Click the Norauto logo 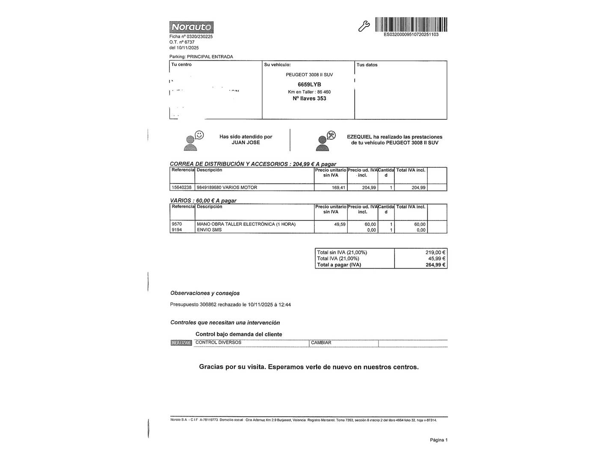pos(191,27)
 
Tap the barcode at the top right pos(411,24)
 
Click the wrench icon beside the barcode pos(364,26)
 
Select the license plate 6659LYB pos(309,85)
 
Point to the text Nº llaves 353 pos(309,98)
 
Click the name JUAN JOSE pos(246,142)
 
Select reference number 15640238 pos(181,187)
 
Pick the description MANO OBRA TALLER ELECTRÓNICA pos(246,224)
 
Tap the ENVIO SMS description pos(209,230)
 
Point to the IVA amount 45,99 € pos(437,258)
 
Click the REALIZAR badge pos(181,343)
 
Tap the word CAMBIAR pos(321,343)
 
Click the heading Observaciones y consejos pos(205,293)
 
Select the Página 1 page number pos(438,440)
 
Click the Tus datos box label pos(367,65)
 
